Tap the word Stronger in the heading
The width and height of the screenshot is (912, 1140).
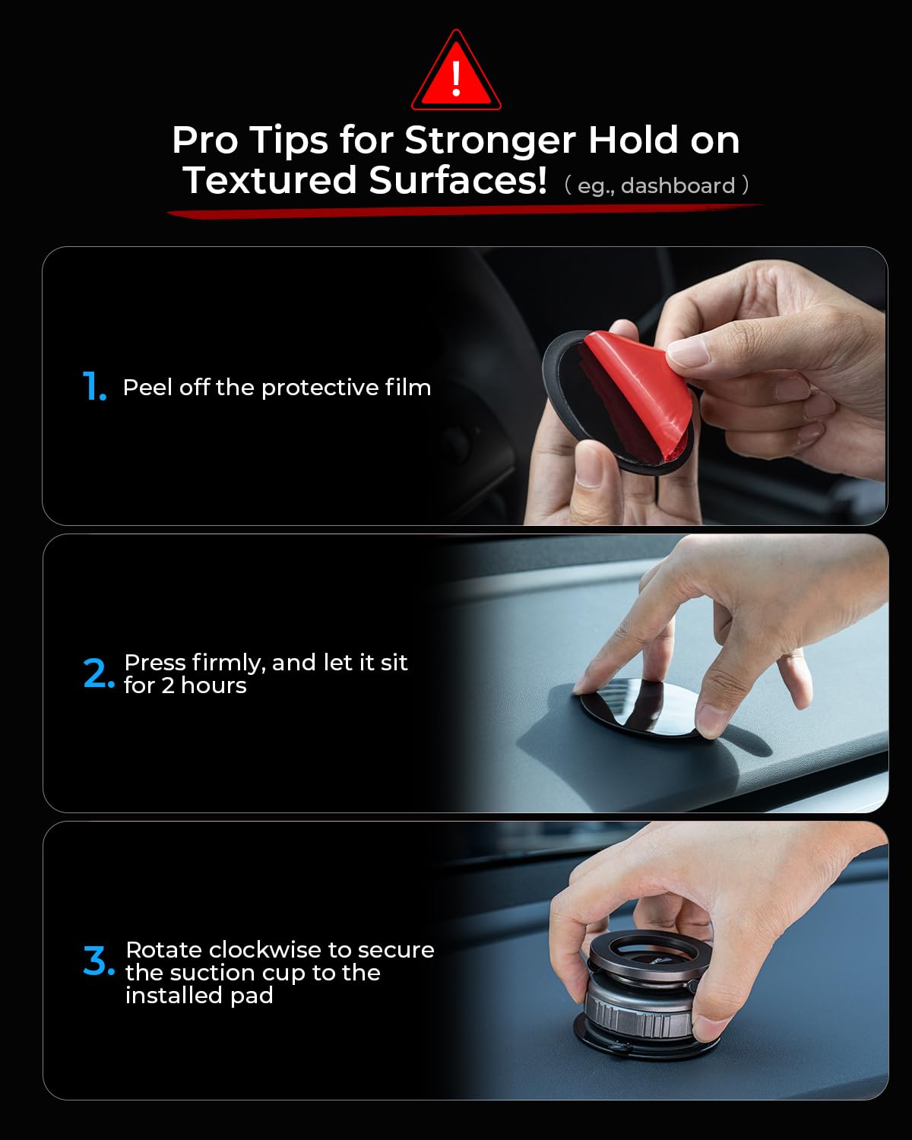[489, 141]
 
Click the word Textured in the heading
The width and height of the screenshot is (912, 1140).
[270, 179]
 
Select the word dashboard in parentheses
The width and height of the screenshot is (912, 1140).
[678, 185]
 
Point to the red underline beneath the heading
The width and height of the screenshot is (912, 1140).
[465, 211]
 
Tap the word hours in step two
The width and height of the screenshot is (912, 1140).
[214, 686]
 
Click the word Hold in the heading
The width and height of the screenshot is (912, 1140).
[633, 140]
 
